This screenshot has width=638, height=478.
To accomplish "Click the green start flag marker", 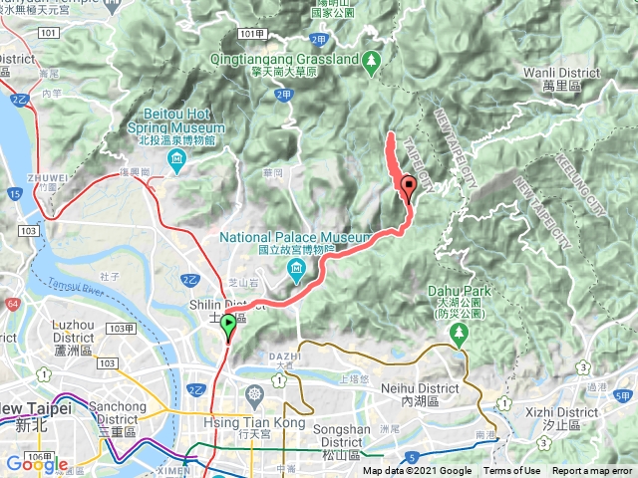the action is click(x=228, y=325).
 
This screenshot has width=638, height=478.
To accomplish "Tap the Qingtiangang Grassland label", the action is click(x=285, y=59).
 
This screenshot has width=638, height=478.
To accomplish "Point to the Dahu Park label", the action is click(x=459, y=289).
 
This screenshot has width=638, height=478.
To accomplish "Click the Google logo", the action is click(x=36, y=463).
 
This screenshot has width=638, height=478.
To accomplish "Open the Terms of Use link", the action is click(x=512, y=471).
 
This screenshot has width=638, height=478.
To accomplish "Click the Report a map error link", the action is click(x=593, y=471).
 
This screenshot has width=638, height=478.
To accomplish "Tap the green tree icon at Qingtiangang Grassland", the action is click(x=373, y=60).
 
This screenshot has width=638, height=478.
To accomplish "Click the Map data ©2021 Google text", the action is click(x=417, y=471).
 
